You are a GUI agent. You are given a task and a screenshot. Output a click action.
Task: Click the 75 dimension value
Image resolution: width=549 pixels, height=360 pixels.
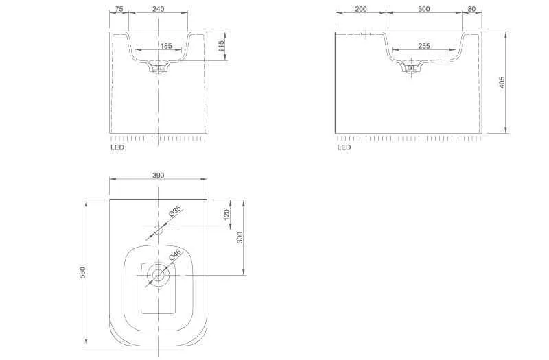coord(119,9)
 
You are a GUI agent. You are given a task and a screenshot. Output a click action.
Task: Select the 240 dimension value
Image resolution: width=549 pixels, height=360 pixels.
coord(159,9)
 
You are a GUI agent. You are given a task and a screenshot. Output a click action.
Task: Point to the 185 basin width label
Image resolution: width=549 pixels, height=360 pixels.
coord(166,46)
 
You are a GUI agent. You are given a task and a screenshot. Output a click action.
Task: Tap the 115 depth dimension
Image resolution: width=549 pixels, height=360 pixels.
coord(221,46)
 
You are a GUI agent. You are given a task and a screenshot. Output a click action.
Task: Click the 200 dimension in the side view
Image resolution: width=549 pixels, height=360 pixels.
coord(361,9)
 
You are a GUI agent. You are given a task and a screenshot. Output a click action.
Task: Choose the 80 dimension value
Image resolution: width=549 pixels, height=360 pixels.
coord(471,9)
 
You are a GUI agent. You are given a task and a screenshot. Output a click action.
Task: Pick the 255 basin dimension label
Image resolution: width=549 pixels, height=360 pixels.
coord(423,46)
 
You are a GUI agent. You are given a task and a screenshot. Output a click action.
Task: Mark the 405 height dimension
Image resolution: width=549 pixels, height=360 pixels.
coord(502,82)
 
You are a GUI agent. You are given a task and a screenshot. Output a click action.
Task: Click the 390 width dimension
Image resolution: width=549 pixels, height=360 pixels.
coord(159,176)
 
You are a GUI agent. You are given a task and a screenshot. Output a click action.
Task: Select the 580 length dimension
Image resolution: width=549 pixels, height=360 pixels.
coord(82,272)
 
